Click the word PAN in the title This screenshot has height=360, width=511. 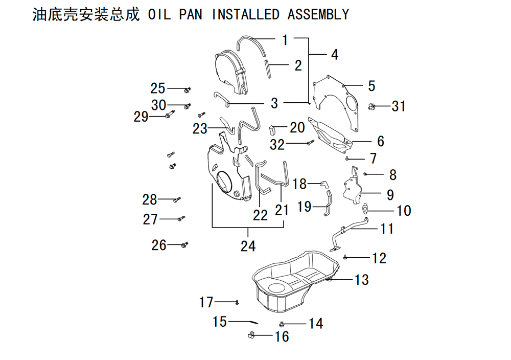pyautogui.click(x=190, y=14)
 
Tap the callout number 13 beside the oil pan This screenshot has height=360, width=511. pyautogui.click(x=361, y=279)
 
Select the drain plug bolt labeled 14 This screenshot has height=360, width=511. pyautogui.click(x=282, y=324)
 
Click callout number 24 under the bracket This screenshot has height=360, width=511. pyautogui.click(x=248, y=246)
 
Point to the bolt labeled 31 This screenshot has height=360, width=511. pyautogui.click(x=371, y=106)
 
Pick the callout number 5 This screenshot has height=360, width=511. pyautogui.click(x=371, y=86)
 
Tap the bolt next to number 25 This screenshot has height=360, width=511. pyautogui.click(x=187, y=89)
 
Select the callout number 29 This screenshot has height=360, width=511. pyautogui.click(x=141, y=117)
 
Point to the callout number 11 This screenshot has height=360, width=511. pyautogui.click(x=387, y=229)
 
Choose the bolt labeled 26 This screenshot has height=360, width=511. pyautogui.click(x=184, y=244)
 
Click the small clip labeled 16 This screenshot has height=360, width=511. pyautogui.click(x=251, y=334)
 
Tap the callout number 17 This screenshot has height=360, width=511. pyautogui.click(x=206, y=302)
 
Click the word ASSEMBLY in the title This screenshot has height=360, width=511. pyautogui.click(x=318, y=14)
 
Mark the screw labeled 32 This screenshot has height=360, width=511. pyautogui.click(x=310, y=143)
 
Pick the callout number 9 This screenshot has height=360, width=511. pyautogui.click(x=390, y=195)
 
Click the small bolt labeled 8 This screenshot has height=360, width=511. pyautogui.click(x=365, y=174)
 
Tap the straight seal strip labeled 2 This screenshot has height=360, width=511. pyautogui.click(x=267, y=69)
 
